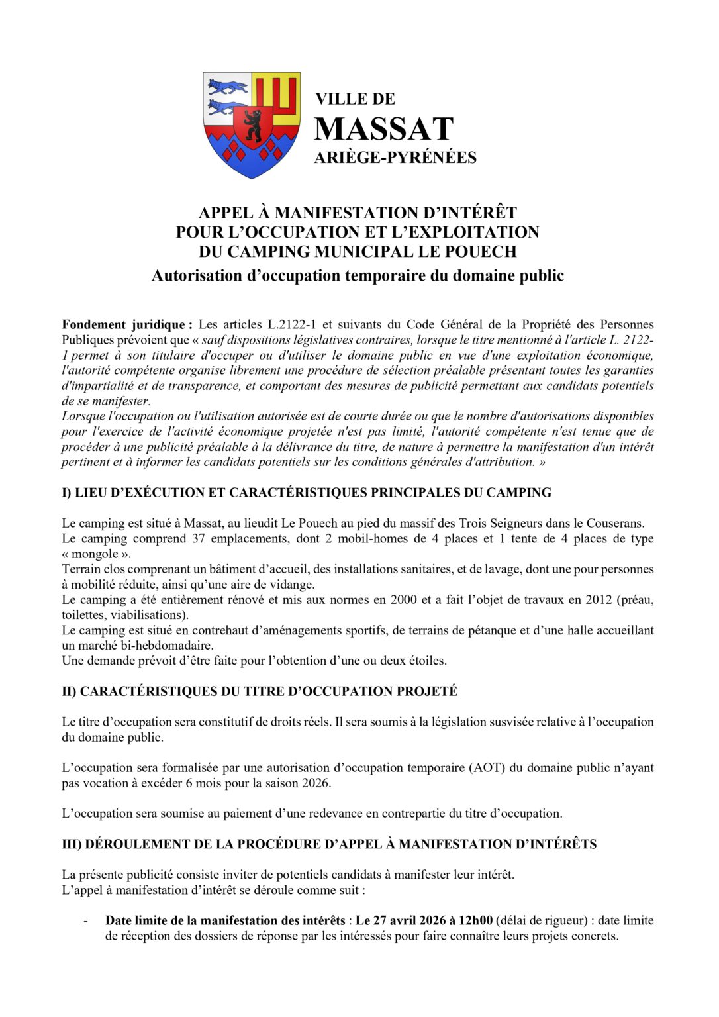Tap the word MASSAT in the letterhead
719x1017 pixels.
coord(383,129)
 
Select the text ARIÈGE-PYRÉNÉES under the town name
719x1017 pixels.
coord(395,158)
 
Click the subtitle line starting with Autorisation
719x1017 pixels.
coord(358,275)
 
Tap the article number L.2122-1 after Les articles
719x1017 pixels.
coord(291,324)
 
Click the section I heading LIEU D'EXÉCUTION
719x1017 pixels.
coord(307,493)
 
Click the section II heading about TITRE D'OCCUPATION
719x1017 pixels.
coord(260,691)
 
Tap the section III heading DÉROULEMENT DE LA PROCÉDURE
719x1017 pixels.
coord(329,844)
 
